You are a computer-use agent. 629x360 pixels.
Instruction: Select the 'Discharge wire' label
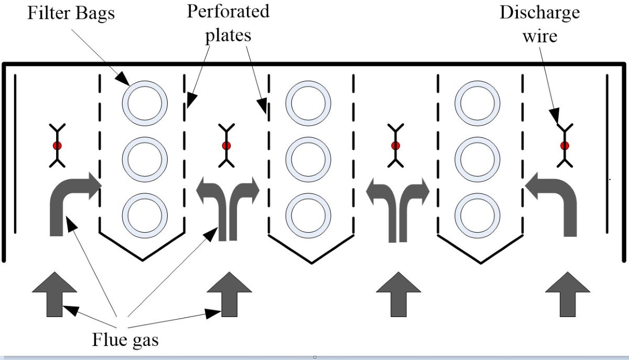coord(539,23)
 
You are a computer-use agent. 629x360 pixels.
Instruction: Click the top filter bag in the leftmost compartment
coord(145,102)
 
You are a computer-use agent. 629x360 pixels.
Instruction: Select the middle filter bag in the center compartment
coord(311,158)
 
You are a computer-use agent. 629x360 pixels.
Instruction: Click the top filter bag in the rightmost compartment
coord(477,102)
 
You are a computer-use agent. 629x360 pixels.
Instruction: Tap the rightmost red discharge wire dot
coord(565,145)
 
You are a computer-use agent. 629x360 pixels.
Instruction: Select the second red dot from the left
coord(226,145)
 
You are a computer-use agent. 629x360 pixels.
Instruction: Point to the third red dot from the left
coord(396,145)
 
